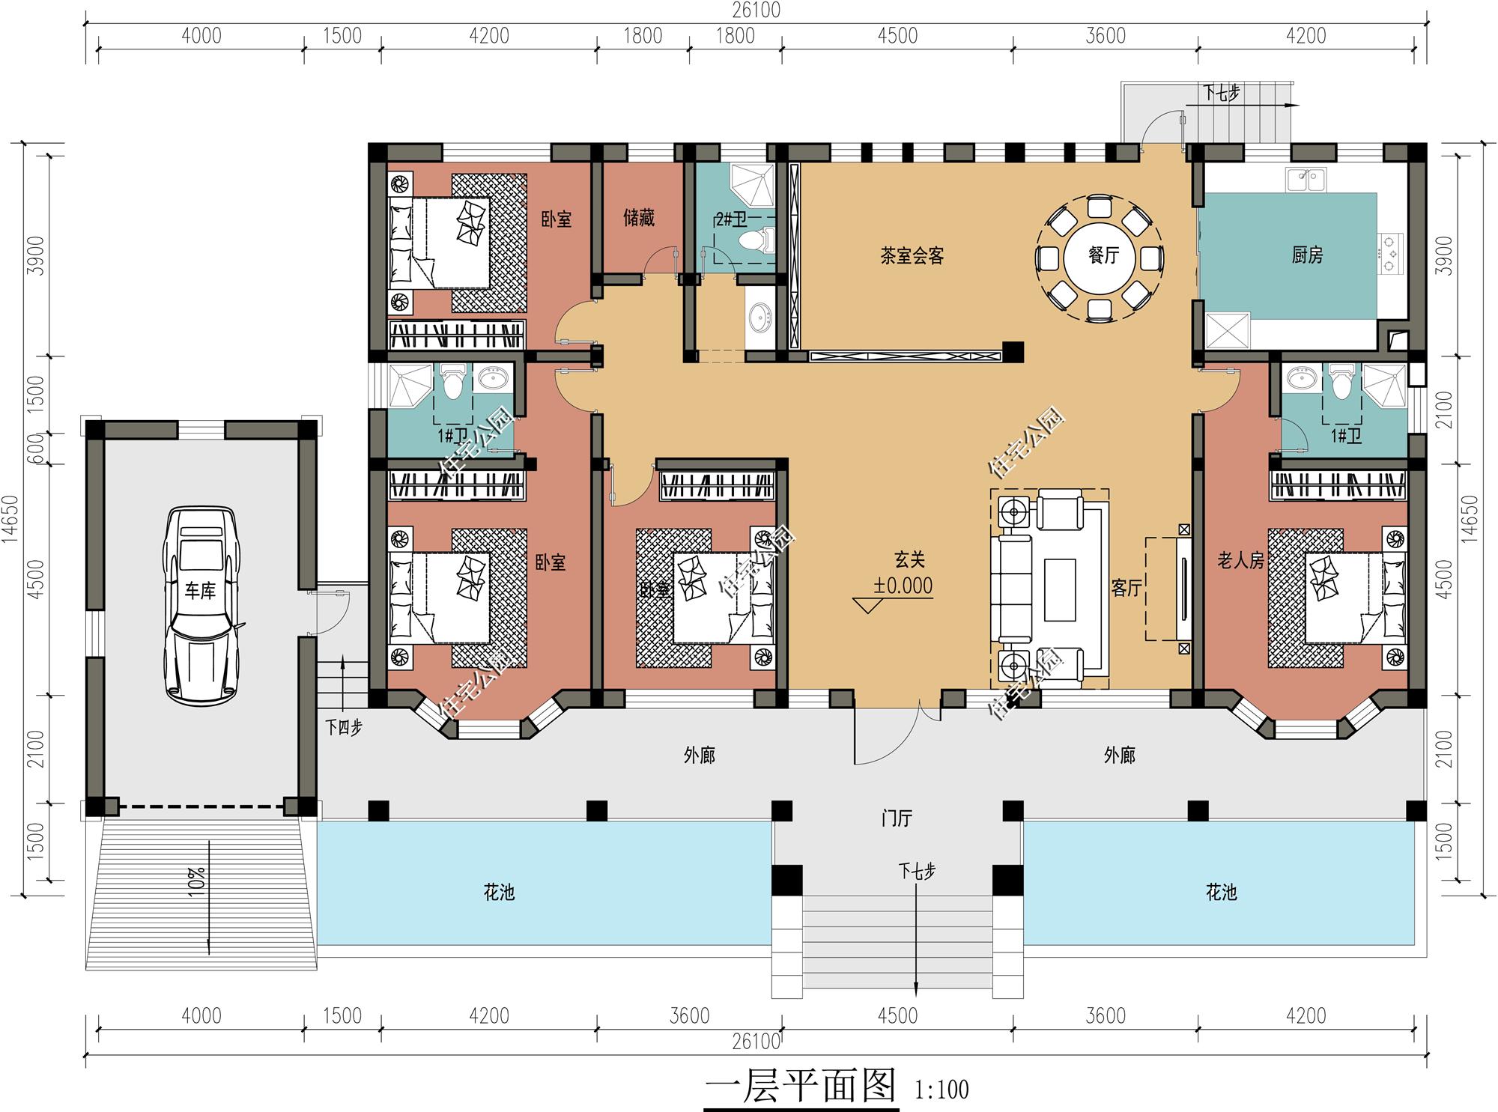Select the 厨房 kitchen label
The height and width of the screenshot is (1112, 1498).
point(1307,255)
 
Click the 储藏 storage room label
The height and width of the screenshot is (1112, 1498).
point(638,218)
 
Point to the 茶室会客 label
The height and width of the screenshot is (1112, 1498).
point(912,256)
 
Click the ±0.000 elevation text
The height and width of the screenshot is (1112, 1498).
point(903,586)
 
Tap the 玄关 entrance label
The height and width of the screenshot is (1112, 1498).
point(909,559)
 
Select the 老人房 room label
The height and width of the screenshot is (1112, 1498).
point(1240,560)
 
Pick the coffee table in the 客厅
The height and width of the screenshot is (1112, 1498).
point(1059,589)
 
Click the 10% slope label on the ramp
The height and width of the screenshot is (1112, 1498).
point(197,878)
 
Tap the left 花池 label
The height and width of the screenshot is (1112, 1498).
point(499,892)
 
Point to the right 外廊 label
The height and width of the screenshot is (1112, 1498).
point(1119,755)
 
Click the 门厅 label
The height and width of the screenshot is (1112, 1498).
point(897,818)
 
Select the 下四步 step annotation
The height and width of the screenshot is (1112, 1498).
point(344,727)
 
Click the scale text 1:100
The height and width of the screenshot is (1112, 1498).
point(941,1090)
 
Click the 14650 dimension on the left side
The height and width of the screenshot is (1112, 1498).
point(10,519)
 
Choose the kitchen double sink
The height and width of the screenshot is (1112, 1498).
point(1306,180)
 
